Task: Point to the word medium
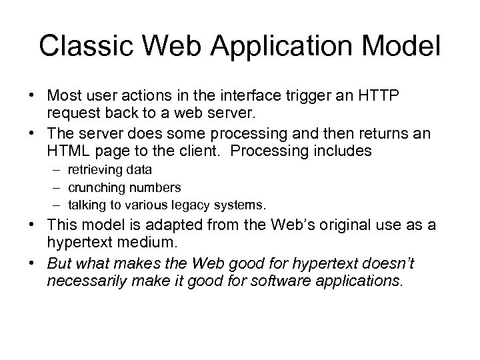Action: point(151,243)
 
